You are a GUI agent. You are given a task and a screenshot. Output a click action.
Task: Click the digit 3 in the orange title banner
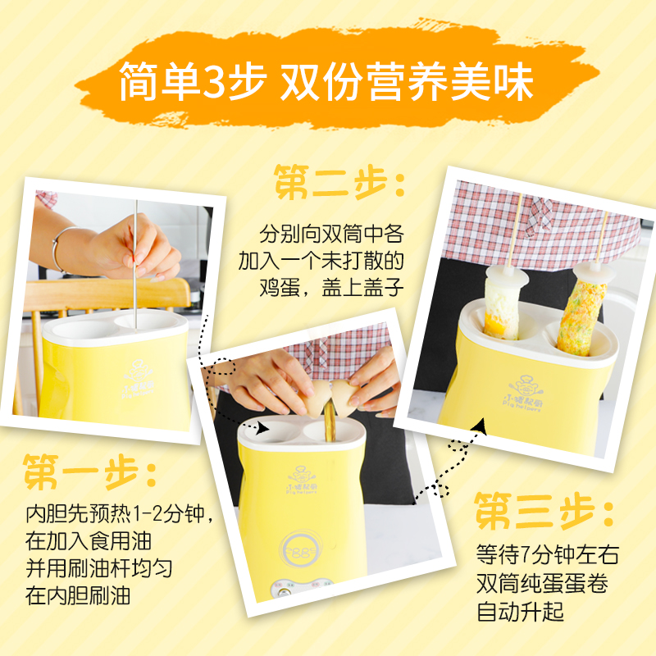[x=212, y=81]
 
